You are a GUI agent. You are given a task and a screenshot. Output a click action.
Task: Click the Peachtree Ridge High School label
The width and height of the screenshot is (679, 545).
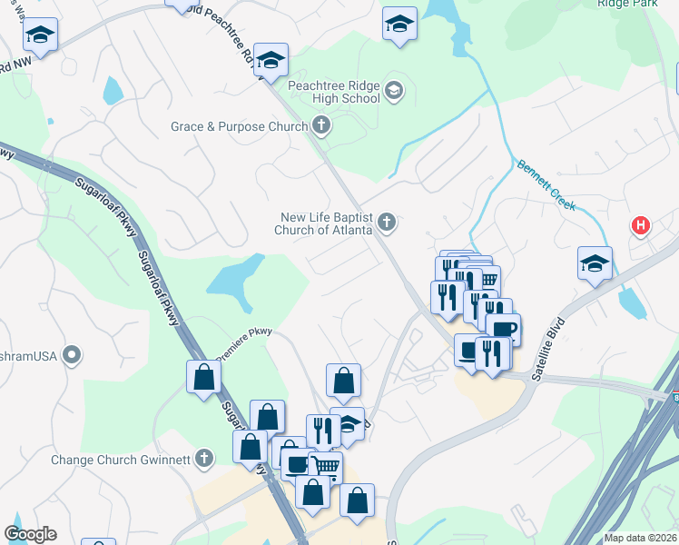click(x=333, y=92)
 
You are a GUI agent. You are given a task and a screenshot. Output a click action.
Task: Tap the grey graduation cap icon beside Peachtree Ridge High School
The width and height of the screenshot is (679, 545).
click(x=394, y=90)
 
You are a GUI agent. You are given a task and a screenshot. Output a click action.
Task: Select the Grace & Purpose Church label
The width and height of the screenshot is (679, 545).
click(x=240, y=126)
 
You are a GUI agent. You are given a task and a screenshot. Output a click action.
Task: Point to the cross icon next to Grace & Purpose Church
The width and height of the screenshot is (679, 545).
click(x=320, y=125)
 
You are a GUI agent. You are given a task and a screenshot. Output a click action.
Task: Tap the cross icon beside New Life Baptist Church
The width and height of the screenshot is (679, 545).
click(x=387, y=222)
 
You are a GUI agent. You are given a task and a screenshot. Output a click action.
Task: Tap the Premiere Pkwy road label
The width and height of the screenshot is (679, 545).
click(x=244, y=342)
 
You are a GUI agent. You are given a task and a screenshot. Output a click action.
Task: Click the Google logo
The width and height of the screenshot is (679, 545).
click(x=30, y=534)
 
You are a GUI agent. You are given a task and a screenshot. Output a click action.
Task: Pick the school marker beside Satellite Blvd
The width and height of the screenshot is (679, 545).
click(x=595, y=263)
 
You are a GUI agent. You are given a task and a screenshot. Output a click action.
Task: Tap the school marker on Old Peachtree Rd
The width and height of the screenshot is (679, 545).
click(x=271, y=60)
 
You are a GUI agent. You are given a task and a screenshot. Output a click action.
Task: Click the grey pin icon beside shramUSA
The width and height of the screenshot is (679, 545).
click(x=73, y=353)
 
